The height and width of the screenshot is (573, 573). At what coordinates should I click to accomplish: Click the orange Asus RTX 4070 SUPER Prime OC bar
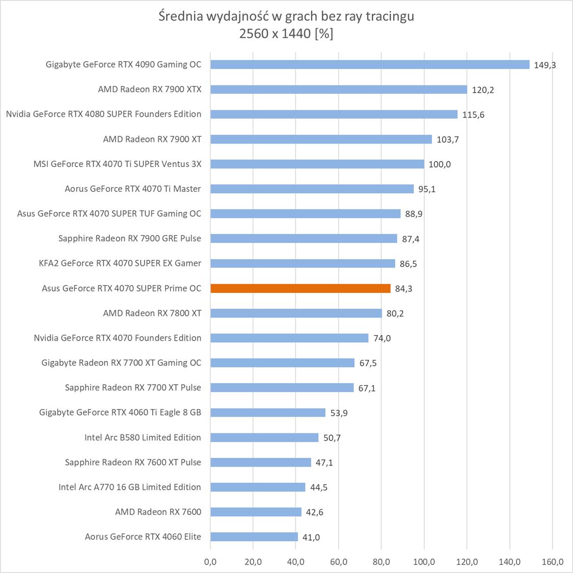coord(301,288)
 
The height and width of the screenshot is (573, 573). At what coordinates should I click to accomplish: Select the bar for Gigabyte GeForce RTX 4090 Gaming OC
coord(370,65)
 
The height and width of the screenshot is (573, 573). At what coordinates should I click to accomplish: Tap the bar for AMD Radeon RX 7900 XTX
coord(339,90)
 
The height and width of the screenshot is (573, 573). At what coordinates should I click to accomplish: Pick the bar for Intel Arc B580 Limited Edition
coord(264,438)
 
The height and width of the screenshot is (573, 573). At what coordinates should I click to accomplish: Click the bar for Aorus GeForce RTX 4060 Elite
coord(254,537)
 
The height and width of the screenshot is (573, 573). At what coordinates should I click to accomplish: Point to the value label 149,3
coord(544,65)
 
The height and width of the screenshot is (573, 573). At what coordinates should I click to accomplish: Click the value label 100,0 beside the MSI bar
coord(440,165)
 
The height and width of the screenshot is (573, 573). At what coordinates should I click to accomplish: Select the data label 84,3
coord(403,289)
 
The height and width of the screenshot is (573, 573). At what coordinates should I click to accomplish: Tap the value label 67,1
coord(367,388)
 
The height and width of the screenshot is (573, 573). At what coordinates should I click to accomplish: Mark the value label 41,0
coord(311,537)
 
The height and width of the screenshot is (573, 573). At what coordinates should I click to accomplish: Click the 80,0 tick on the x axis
coord(381,562)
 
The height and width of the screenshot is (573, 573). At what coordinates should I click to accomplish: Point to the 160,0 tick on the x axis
coord(553,562)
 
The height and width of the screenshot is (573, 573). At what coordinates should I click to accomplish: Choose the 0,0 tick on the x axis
coord(210,562)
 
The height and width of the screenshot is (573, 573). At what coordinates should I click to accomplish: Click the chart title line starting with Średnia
coord(286,16)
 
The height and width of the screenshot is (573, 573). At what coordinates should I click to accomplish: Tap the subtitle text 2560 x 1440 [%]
coord(286,34)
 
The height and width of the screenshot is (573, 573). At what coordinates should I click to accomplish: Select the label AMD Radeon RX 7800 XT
coord(152,313)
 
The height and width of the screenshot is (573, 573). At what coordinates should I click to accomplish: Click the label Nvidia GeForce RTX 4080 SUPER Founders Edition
coord(103,114)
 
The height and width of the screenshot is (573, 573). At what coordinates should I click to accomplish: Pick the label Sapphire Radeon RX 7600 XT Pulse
coord(133,462)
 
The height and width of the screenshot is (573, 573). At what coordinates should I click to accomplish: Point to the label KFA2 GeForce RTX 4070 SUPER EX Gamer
coord(120,263)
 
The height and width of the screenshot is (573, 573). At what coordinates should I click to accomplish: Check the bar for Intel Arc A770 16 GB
coord(258,487)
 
